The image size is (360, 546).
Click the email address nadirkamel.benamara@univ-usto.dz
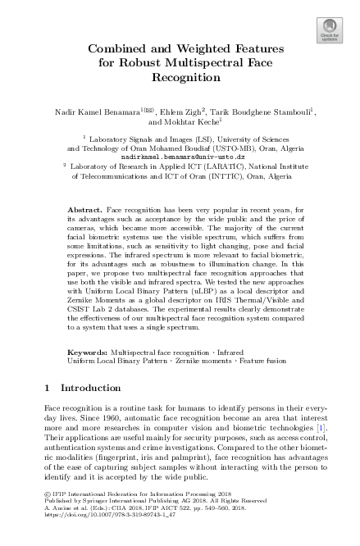pyautogui.click(x=180, y=156)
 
